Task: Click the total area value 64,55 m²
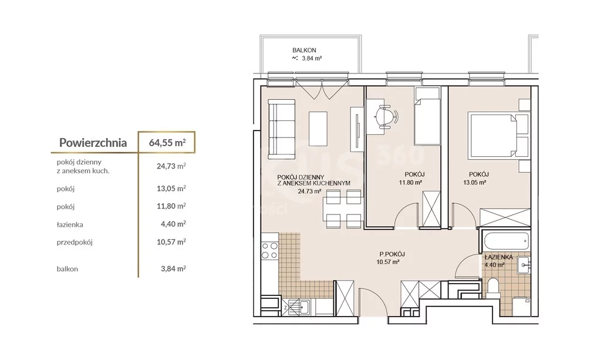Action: [167, 143]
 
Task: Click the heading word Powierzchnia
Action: [93, 143]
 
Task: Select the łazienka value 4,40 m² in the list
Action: [173, 224]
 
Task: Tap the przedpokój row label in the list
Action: [75, 243]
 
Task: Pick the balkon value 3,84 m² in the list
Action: [173, 269]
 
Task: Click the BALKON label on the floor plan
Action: [305, 51]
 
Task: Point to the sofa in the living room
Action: [281, 129]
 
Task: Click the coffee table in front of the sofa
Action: [318, 129]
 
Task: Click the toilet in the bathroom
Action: [492, 288]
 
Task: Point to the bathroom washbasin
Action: [524, 264]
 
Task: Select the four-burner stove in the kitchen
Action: [270, 250]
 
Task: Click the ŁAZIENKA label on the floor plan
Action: [499, 257]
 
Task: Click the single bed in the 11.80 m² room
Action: [427, 116]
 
